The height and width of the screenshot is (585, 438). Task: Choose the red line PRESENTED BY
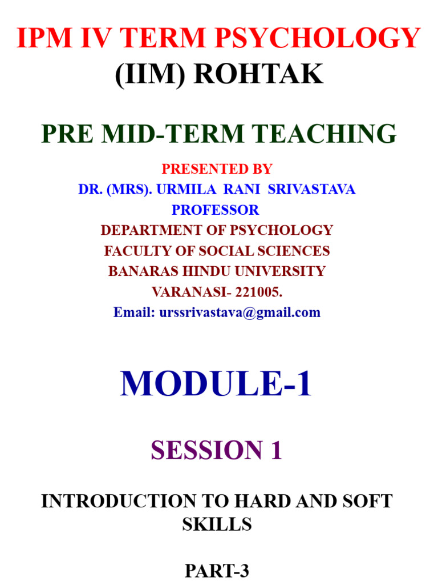point(217,169)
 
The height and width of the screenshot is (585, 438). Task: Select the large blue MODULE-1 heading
point(216,383)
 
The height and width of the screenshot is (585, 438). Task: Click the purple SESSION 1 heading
point(217,450)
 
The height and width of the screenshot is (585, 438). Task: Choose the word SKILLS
point(217,524)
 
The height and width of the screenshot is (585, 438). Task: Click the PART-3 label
point(217,571)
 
